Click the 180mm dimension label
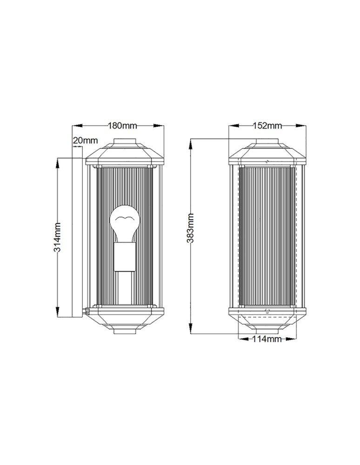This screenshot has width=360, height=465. [122, 126]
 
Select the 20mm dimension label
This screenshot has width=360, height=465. [86, 140]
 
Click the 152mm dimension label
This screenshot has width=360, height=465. [267, 126]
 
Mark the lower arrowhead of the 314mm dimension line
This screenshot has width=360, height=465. [57, 313]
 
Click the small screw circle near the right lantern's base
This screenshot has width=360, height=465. [267, 312]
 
